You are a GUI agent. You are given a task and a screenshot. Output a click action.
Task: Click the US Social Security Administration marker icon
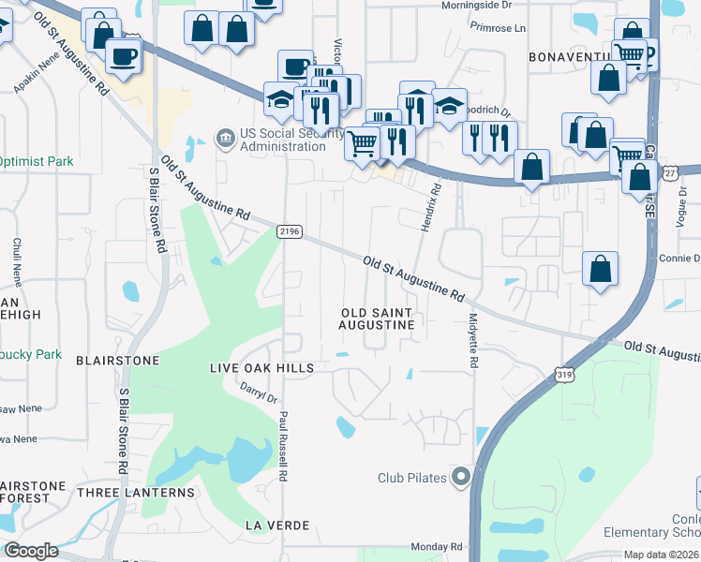click(225, 139)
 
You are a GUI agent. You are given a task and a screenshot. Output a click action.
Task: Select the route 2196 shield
click(288, 230)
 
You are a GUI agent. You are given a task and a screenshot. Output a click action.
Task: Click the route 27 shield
click(670, 173)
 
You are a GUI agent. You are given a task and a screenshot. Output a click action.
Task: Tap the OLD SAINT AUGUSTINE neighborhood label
click(377, 318)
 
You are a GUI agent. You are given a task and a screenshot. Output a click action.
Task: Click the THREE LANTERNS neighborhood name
click(136, 493)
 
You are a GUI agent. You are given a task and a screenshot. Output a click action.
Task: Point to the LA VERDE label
click(277, 525)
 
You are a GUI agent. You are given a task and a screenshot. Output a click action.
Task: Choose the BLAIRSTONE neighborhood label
click(118, 360)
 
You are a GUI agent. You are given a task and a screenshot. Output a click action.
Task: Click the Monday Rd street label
click(437, 546)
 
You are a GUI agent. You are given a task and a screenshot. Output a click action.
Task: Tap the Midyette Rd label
click(474, 340)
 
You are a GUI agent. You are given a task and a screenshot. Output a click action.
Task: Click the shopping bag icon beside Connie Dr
click(600, 269)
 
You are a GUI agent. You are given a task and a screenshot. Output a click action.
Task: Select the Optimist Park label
click(36, 161)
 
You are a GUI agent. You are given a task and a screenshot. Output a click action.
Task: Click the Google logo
click(31, 551)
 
